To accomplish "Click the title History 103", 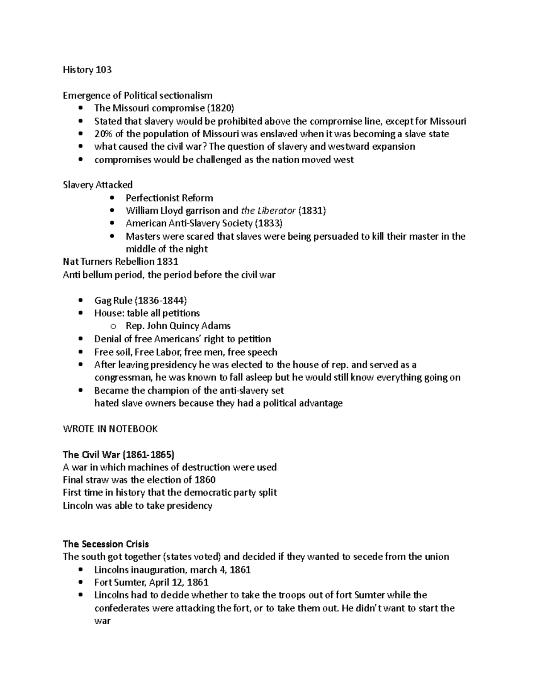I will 87,70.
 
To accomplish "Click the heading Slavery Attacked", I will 98,185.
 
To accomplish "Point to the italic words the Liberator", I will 268,211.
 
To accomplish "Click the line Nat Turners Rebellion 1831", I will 120,262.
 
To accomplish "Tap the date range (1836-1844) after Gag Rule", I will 161,300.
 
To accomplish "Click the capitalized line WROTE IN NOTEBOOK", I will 110,429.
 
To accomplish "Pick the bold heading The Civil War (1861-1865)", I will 119,455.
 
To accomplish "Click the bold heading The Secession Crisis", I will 106,544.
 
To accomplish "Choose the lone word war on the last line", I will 102,621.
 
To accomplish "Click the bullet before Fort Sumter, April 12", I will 80,582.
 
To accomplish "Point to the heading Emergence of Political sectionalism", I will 137,95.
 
